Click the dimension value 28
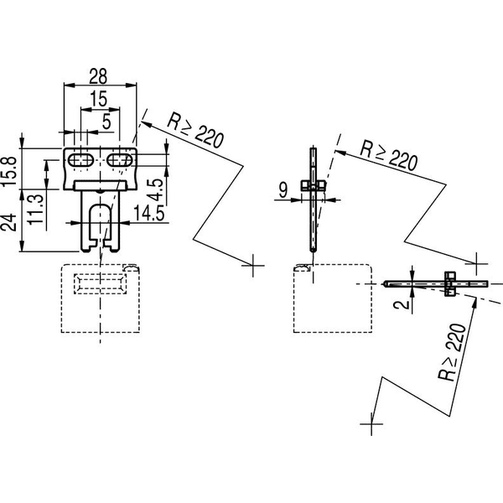(98, 76)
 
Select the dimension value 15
(98, 99)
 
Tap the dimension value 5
(106, 122)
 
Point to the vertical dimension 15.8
(9, 171)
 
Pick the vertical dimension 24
(9, 222)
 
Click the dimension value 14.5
(148, 213)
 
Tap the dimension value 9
(283, 190)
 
